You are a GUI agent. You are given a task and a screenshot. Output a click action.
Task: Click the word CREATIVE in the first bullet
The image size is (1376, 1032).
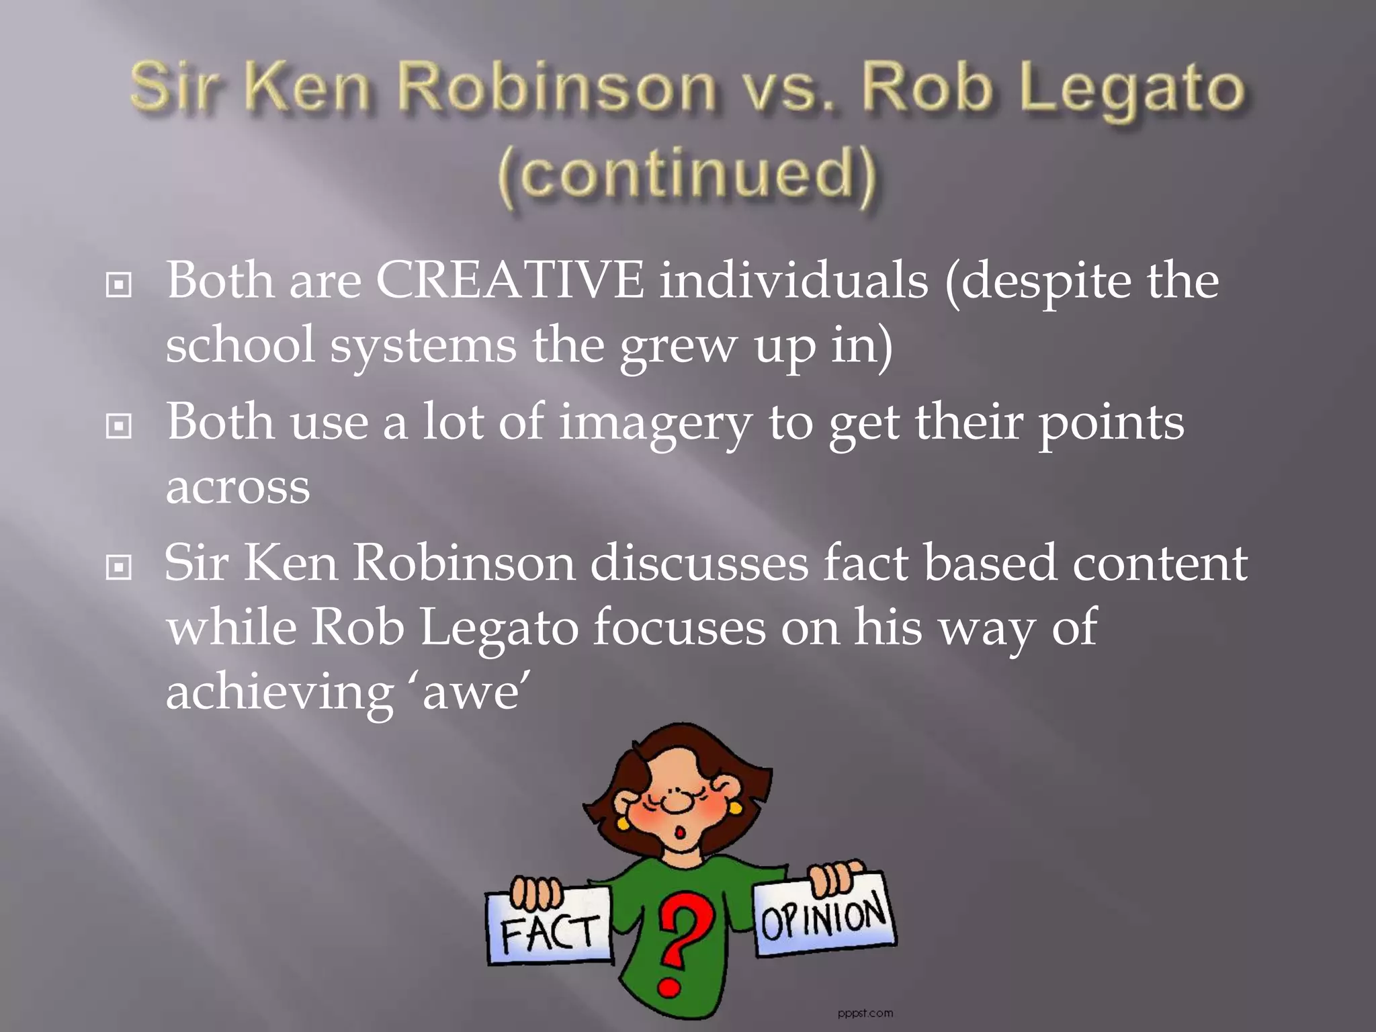point(509,280)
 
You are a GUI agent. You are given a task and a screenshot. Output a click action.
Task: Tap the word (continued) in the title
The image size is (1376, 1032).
point(687,175)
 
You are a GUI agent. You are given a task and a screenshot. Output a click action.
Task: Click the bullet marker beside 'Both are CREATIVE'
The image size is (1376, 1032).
point(119,285)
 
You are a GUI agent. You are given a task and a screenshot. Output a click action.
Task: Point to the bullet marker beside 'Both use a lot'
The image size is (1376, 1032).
point(119,426)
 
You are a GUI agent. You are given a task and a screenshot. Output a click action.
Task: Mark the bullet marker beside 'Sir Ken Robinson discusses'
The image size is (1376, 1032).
point(119,568)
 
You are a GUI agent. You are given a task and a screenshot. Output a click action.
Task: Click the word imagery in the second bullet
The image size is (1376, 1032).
point(655,425)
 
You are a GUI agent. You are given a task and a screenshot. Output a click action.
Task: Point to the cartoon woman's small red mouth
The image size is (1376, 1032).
point(680,833)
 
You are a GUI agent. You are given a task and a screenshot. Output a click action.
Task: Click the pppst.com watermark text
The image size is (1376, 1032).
point(865,1013)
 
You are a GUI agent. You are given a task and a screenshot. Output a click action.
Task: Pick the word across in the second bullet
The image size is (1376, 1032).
point(238,487)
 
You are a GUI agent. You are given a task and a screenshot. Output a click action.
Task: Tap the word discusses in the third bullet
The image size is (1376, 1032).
point(699,563)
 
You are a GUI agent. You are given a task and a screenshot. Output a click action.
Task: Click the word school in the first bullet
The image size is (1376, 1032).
point(240,345)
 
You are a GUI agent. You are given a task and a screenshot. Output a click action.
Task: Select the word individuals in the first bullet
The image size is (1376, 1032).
point(793,280)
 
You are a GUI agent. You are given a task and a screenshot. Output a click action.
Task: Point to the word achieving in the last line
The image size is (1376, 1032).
point(279,693)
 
